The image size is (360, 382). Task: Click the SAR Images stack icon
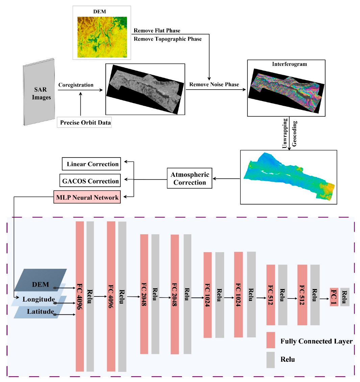pyautogui.click(x=39, y=92)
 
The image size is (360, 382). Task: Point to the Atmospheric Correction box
pyautogui.click(x=190, y=178)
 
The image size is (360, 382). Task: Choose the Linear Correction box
pyautogui.click(x=92, y=164)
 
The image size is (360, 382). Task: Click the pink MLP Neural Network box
pyautogui.click(x=87, y=197)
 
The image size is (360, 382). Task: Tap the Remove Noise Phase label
pyautogui.click(x=214, y=85)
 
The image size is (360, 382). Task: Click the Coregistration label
pyautogui.click(x=76, y=85)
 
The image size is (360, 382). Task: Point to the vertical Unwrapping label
pyautogui.click(x=285, y=133)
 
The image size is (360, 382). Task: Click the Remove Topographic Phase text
pyautogui.click(x=168, y=39)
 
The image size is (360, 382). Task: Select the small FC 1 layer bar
pyautogui.click(x=334, y=297)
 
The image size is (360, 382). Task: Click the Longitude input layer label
pyautogui.click(x=39, y=300)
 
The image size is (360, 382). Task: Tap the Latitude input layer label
pyautogui.click(x=40, y=312)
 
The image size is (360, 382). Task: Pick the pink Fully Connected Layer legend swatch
pyautogui.click(x=270, y=340)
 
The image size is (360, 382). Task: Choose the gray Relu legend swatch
pyautogui.click(x=270, y=360)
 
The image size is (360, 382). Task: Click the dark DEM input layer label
pyautogui.click(x=41, y=284)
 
